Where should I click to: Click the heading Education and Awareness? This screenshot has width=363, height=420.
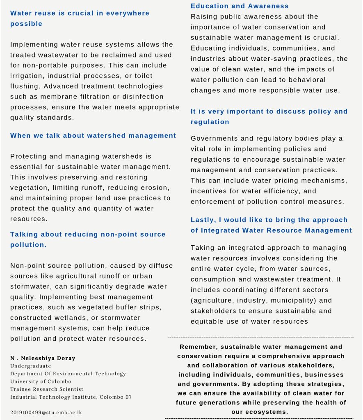tap(240, 6)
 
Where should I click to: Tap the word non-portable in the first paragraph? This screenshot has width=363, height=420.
tap(44, 65)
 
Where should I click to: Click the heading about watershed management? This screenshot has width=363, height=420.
tap(93, 136)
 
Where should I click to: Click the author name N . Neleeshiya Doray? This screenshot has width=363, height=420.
tap(43, 358)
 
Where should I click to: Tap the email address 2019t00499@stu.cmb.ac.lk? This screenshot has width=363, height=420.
tap(46, 412)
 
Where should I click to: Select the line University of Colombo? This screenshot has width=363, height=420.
tap(41, 381)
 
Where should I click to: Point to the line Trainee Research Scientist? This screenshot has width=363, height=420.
tap(47, 389)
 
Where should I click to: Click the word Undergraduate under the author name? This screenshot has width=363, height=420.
tap(31, 366)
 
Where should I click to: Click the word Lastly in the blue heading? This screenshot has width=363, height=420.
tap(203, 220)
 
